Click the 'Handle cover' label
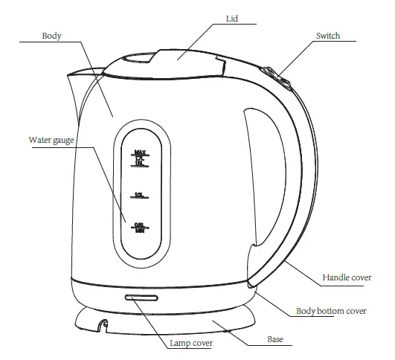[x=346, y=277]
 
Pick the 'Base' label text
[x=275, y=340]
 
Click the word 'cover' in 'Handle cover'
[x=359, y=277]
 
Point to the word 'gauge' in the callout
[x=62, y=139]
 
